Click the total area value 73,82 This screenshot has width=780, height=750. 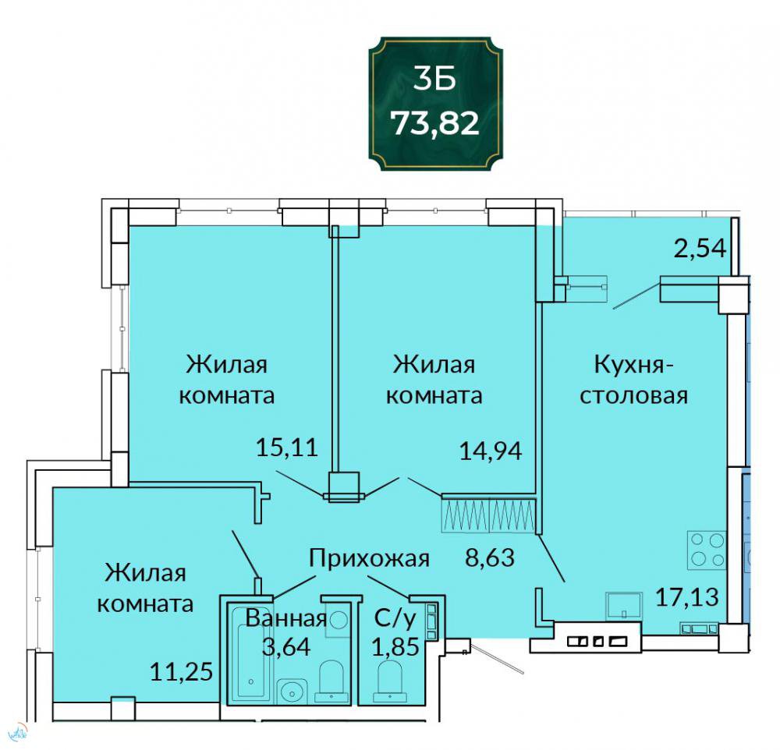(434, 123)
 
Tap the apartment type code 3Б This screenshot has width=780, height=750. (434, 79)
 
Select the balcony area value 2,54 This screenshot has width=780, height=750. (700, 248)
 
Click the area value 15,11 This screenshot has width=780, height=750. (286, 448)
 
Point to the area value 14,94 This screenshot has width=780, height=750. (491, 451)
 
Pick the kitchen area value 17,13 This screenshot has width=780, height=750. (687, 597)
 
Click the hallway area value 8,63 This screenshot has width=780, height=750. (490, 557)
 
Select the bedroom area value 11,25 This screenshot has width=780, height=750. (182, 672)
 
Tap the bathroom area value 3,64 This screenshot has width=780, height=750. (286, 646)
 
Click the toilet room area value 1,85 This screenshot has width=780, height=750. (396, 646)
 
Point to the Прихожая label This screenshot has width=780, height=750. (369, 558)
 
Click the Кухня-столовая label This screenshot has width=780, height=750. (634, 380)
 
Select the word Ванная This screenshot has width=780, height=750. (286, 618)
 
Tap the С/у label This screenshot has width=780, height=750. (395, 618)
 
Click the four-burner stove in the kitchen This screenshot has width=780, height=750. (707, 550)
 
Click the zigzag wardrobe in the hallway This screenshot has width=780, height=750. (488, 515)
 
